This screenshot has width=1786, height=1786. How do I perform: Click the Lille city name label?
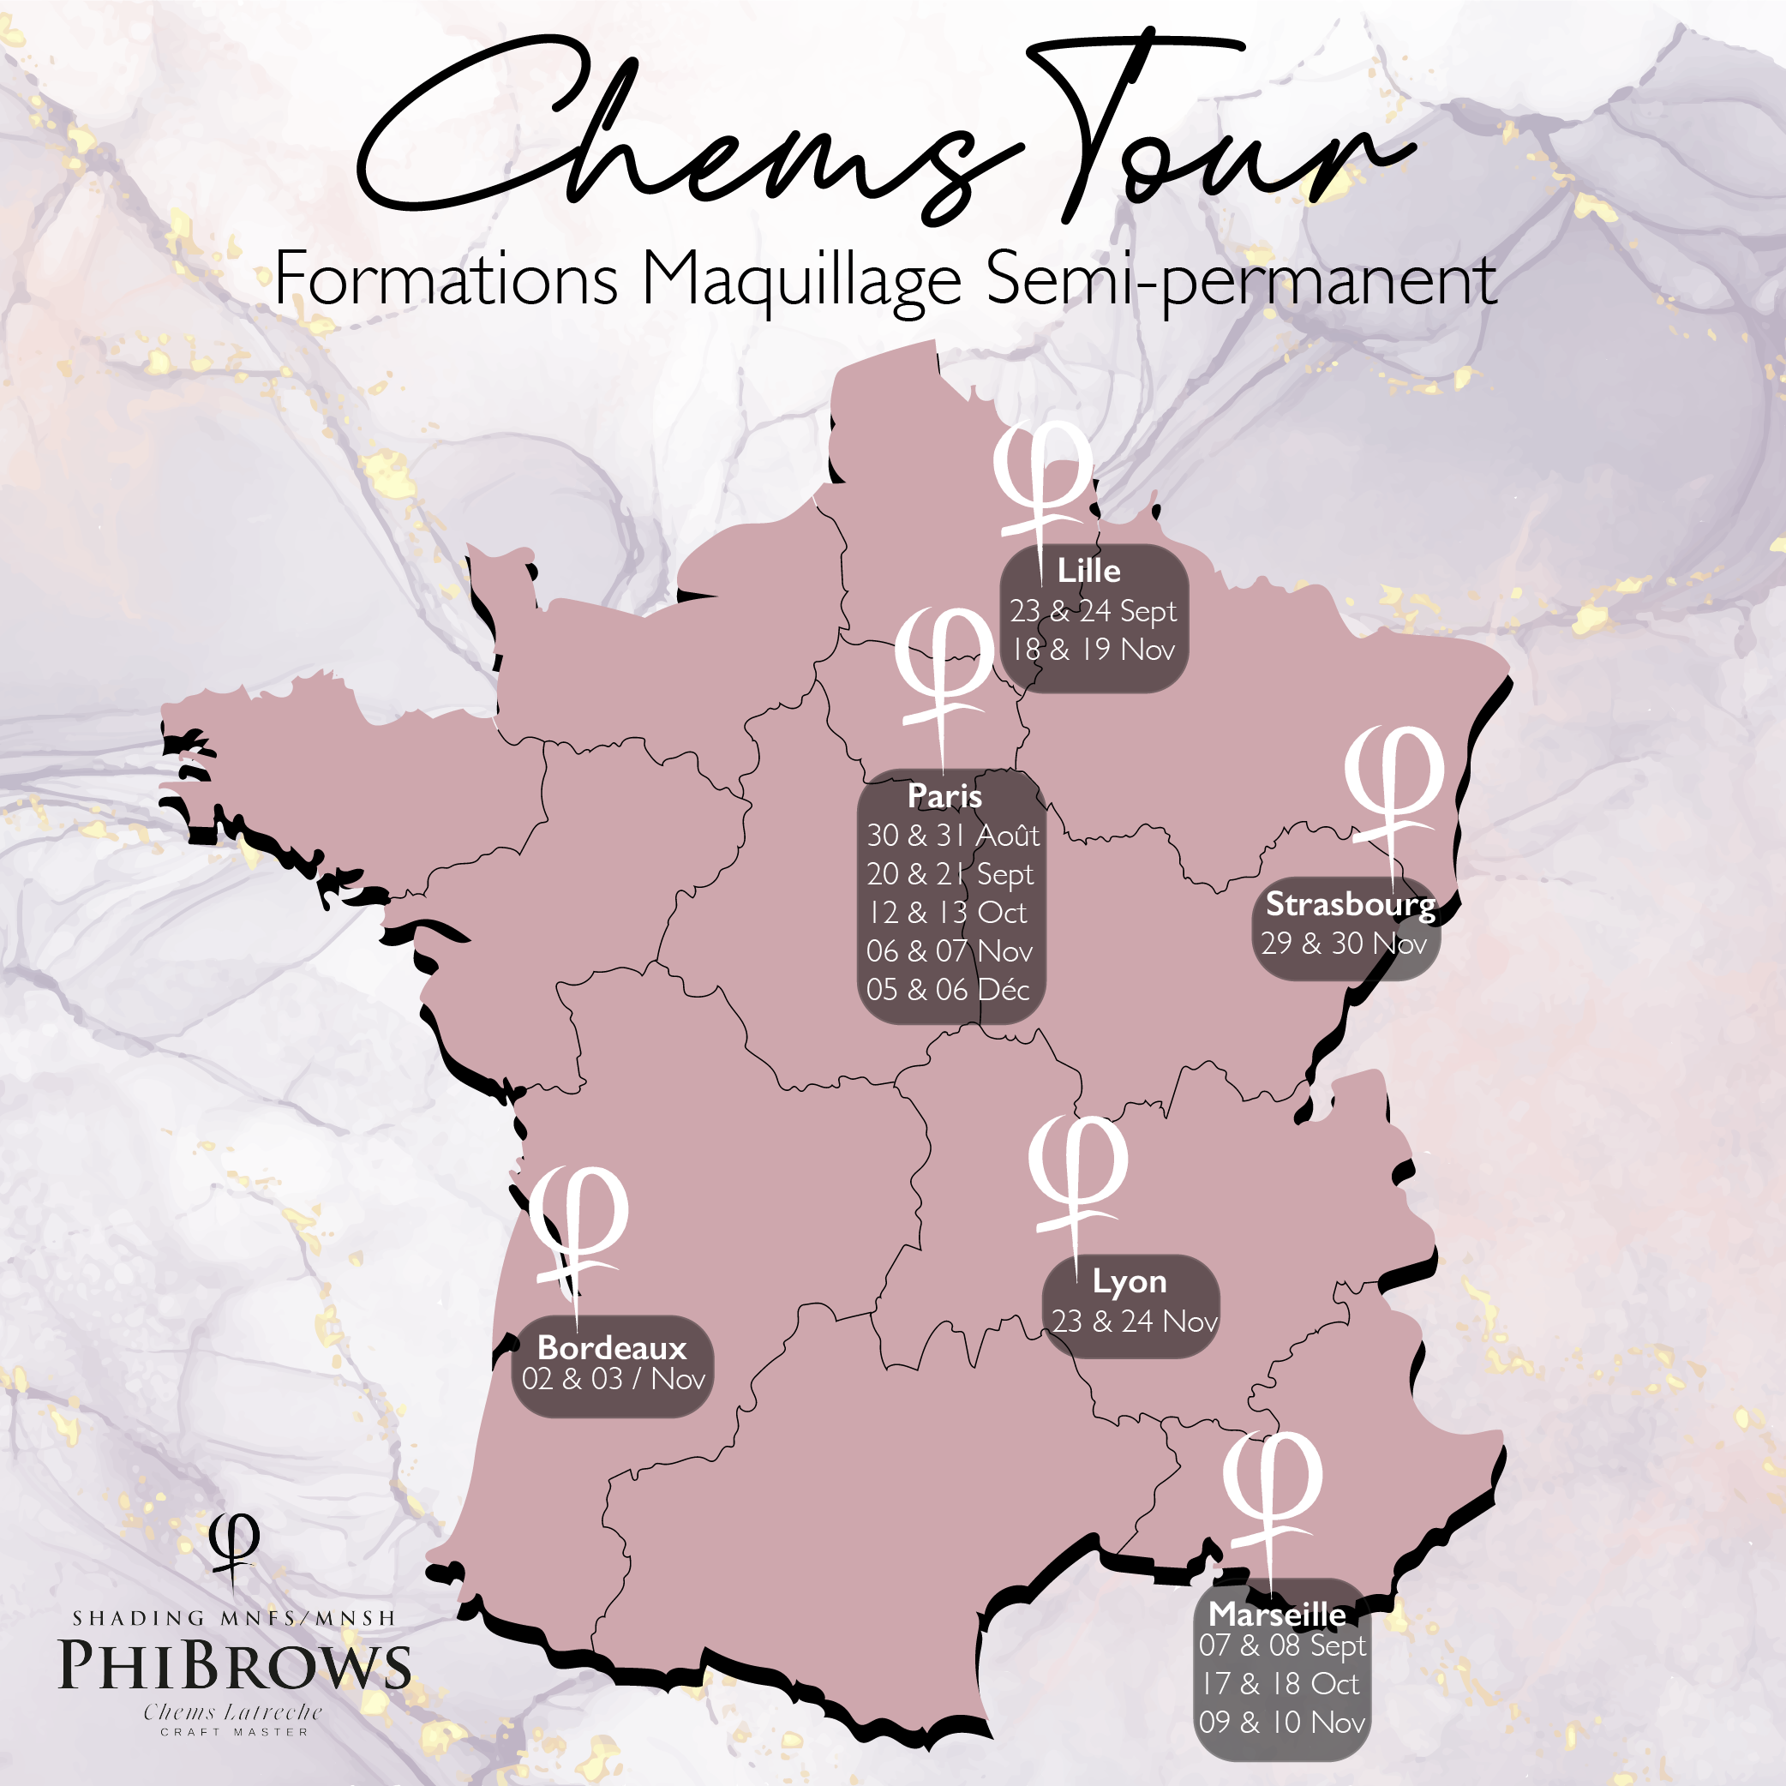click(1088, 572)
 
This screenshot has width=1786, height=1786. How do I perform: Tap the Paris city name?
click(944, 796)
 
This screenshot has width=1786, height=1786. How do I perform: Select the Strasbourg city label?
click(1350, 904)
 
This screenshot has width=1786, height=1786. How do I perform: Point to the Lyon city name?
click(1129, 1282)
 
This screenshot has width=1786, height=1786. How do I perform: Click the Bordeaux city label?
click(611, 1348)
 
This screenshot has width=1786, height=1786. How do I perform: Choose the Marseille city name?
click(1277, 1614)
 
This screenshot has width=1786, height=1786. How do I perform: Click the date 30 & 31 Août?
click(952, 836)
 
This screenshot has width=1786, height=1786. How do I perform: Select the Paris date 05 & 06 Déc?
click(948, 990)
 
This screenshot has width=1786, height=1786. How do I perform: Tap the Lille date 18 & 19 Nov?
click(1093, 650)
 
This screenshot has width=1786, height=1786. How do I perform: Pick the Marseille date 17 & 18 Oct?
click(1280, 1684)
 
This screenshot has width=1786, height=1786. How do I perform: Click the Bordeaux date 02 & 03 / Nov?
click(613, 1379)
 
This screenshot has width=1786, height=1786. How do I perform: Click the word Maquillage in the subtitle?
click(801, 281)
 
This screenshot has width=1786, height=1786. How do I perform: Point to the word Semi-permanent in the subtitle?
click(1240, 281)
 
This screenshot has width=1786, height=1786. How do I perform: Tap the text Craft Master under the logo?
click(234, 1731)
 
